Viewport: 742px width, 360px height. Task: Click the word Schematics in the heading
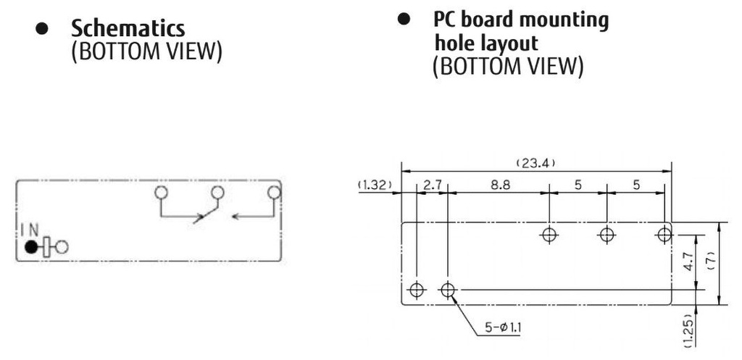point(128,28)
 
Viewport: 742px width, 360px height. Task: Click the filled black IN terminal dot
point(30,246)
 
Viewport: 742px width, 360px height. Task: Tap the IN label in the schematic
point(30,230)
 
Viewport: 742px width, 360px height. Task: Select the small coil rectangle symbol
point(46,247)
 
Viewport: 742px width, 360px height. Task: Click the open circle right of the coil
point(62,246)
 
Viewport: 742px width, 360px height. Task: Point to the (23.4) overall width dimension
point(535,164)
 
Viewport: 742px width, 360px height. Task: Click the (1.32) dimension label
point(375,185)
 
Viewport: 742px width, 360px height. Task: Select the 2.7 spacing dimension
point(432,185)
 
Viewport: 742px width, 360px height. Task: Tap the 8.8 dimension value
point(500,185)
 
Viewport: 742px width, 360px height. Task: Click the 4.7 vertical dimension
point(688,261)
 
